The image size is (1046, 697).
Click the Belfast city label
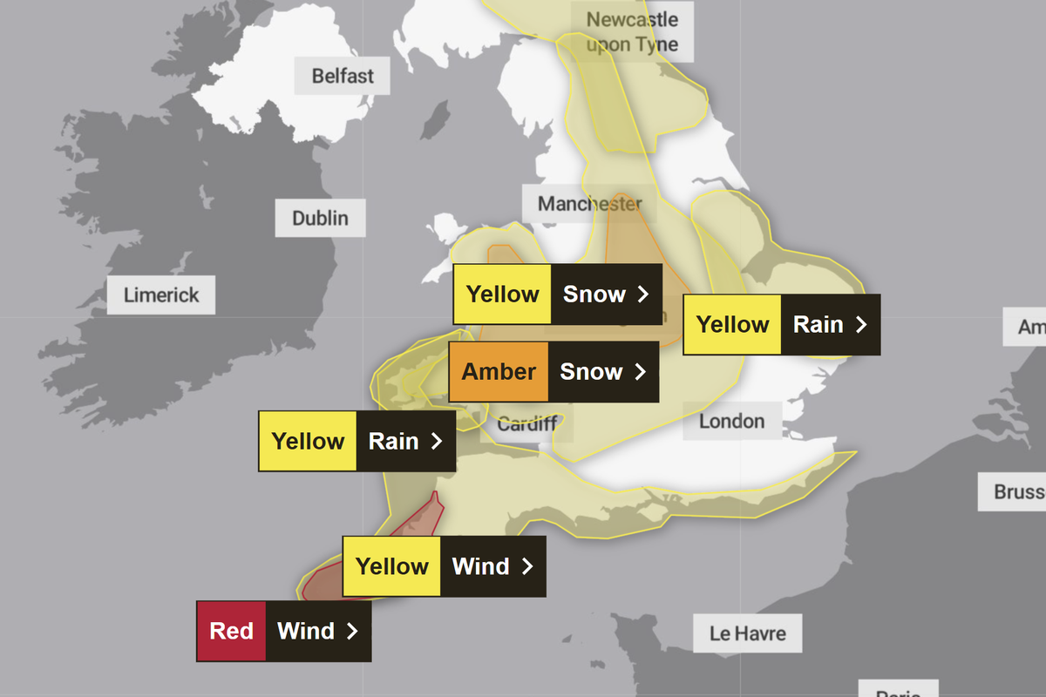(343, 76)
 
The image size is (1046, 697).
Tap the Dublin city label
(320, 218)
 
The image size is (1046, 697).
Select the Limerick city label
(161, 294)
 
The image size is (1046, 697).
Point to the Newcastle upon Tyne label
(632, 32)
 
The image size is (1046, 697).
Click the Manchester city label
(589, 204)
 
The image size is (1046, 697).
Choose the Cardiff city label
(526, 425)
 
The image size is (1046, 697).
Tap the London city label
(731, 421)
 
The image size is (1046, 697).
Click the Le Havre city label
(747, 633)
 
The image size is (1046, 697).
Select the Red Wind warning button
(284, 631)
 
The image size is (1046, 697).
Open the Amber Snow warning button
(554, 372)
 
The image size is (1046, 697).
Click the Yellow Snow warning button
(557, 294)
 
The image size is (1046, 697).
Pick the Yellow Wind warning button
(445, 566)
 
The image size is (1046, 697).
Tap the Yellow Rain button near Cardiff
(357, 441)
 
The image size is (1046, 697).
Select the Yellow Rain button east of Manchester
(781, 324)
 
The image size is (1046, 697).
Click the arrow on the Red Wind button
(352, 631)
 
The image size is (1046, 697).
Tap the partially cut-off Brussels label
(1019, 492)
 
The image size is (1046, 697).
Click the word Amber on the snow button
(499, 372)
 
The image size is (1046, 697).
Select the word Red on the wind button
(231, 631)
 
